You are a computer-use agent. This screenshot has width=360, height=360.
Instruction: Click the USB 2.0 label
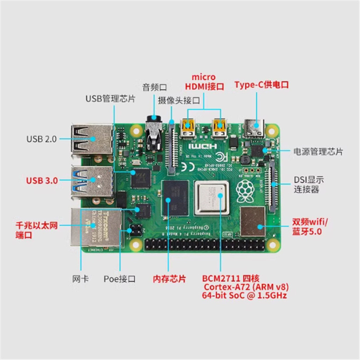coord(41,139)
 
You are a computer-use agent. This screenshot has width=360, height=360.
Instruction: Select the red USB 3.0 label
coord(42,181)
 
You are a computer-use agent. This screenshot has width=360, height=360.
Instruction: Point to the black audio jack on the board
coord(153,135)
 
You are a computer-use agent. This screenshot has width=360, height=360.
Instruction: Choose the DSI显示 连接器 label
coord(309,184)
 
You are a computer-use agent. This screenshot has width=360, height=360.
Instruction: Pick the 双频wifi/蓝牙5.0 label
coord(310,227)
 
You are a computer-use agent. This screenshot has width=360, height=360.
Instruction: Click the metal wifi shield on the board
coord(253,220)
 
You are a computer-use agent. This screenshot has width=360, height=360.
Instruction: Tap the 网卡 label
coord(80,279)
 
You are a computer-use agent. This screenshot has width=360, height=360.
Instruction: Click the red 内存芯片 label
coord(169,279)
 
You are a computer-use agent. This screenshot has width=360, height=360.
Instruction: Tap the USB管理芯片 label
coord(110,98)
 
